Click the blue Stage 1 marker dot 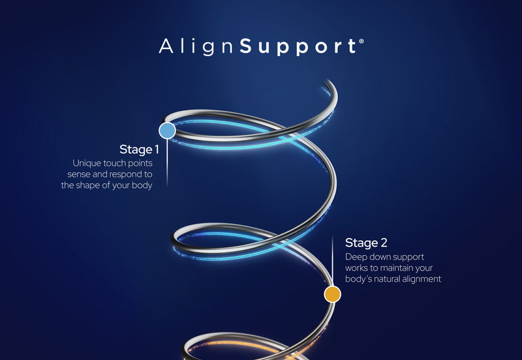[167, 130]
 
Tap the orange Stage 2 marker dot [333, 294]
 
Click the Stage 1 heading [139, 149]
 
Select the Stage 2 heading [366, 243]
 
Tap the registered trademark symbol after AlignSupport [361, 41]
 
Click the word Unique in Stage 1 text [86, 162]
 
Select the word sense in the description [80, 174]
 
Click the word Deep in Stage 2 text [356, 256]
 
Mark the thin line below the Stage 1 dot [167, 160]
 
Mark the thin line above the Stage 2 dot [333, 261]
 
